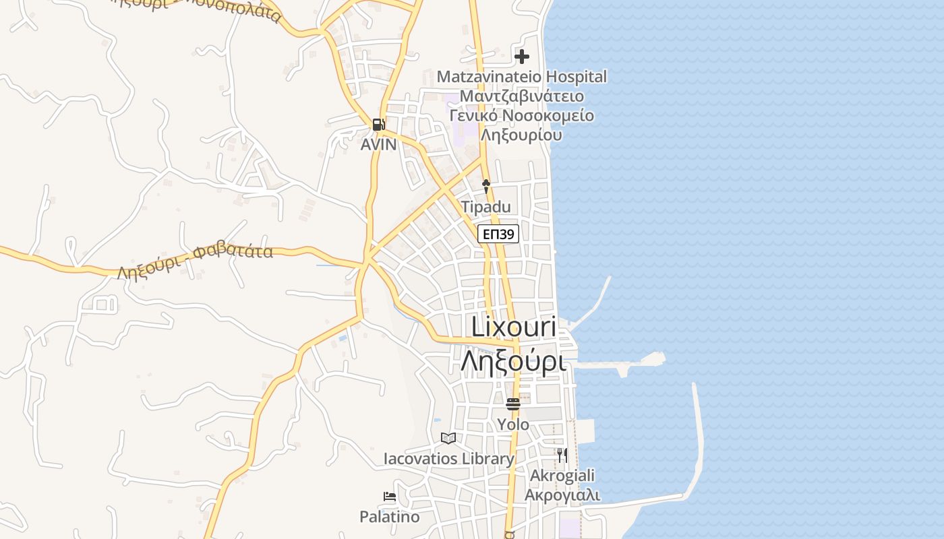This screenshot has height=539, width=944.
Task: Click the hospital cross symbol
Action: point(522,57)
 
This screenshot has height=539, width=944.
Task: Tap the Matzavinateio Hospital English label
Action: point(521,77)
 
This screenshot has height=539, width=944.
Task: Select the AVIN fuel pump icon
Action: point(378,124)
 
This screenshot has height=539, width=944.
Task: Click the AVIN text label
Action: point(378,144)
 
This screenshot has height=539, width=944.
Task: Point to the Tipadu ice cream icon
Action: point(485,186)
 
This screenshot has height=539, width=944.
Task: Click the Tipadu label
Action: point(485,207)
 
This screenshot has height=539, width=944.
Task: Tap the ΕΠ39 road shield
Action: point(498,234)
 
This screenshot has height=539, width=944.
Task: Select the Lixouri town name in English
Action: point(514,327)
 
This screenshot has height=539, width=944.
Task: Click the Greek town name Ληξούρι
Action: point(514,361)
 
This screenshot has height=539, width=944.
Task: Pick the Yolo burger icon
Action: point(513,404)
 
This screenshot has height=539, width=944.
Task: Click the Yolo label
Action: point(513,424)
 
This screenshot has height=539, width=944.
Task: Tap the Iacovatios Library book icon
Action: point(448,438)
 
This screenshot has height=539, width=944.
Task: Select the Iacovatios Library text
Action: point(448,459)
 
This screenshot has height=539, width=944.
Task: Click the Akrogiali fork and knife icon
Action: point(562,455)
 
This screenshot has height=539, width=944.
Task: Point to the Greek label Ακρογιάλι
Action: point(562,495)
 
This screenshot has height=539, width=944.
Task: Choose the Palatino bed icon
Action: point(390,497)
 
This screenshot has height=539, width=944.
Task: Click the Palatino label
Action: point(389,517)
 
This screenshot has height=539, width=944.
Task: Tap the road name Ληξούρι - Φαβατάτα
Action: point(195,262)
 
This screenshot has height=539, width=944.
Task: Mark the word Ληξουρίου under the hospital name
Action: point(521,134)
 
